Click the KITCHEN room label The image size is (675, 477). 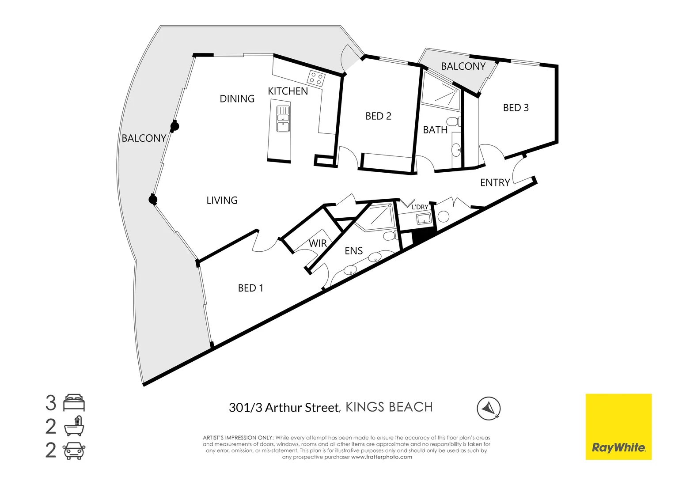288,91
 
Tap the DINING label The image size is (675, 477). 237,99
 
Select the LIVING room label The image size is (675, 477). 222,201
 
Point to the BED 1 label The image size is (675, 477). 250,288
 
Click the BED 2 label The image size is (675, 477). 378,116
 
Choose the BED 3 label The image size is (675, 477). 516,108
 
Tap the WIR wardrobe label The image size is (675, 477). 318,243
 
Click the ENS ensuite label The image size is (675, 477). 353,251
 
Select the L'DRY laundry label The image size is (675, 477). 420,207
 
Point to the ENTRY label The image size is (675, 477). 495,183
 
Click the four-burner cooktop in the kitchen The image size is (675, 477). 316,78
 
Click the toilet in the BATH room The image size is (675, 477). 453,121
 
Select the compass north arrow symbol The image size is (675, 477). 489,408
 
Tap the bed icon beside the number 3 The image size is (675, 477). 74,403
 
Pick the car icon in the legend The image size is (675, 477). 74,450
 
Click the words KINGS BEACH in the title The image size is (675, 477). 389,407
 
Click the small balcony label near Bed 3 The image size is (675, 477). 463,66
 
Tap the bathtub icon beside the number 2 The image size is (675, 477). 74,427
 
